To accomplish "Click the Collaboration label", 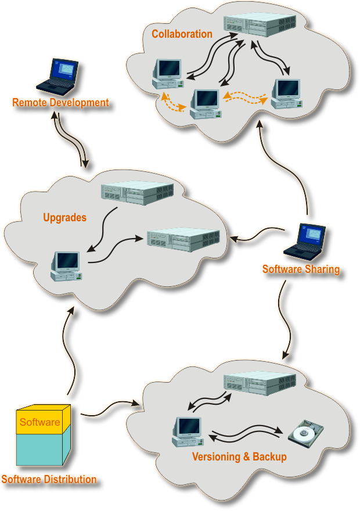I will [182, 34].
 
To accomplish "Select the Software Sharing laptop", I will [305, 242].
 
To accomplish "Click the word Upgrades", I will [64, 218].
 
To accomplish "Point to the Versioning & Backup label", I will [239, 457].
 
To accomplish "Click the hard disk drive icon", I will [305, 435].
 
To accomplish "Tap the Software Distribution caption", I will [49, 480].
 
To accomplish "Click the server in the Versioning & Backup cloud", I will [260, 384].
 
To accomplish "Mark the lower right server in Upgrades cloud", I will [183, 239].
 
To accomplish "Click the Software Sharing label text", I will [301, 269].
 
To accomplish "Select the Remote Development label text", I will [60, 103].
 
